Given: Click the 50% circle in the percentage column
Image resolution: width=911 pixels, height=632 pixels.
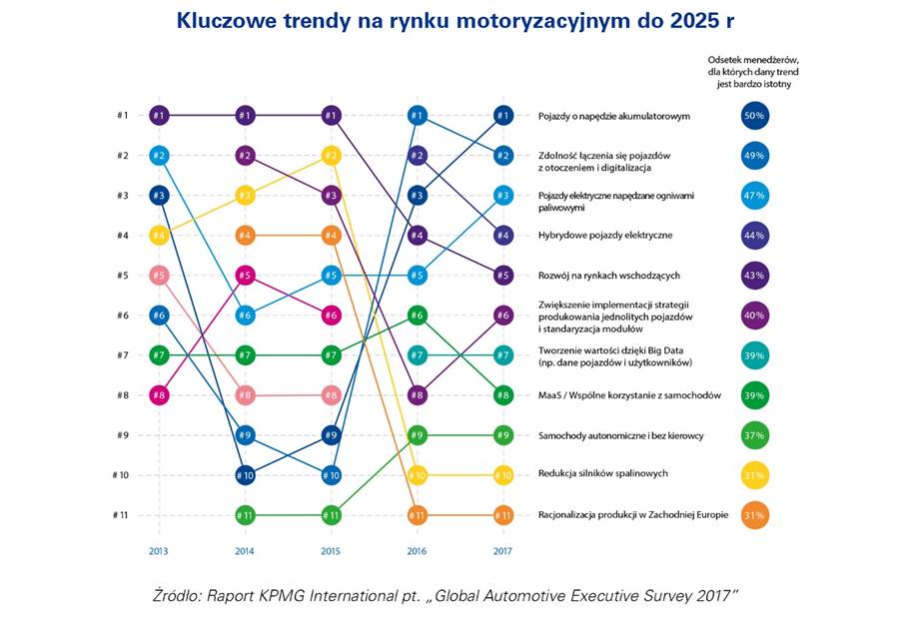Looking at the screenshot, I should (754, 116).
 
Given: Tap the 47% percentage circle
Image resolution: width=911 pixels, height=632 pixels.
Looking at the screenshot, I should (754, 196).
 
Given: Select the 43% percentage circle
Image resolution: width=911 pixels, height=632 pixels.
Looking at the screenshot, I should (754, 276).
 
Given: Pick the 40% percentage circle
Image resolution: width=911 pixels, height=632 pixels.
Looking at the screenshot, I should (754, 316).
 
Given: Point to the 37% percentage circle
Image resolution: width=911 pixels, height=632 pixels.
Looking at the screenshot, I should (754, 435).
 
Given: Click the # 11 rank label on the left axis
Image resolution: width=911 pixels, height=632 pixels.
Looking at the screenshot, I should (121, 515).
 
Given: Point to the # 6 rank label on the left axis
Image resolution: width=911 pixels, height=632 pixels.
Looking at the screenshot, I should (122, 316).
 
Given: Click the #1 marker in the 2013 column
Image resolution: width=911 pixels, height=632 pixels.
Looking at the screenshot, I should (158, 116).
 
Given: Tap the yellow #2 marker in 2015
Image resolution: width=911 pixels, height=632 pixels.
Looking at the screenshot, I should (332, 156).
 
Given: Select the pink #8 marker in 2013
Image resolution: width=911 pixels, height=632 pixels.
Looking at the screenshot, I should (158, 395).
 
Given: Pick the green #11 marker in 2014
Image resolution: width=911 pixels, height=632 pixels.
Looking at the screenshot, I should (245, 515).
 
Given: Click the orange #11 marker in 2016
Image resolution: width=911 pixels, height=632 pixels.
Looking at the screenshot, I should (418, 515).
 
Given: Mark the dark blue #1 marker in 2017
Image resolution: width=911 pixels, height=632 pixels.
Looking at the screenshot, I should (503, 116).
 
